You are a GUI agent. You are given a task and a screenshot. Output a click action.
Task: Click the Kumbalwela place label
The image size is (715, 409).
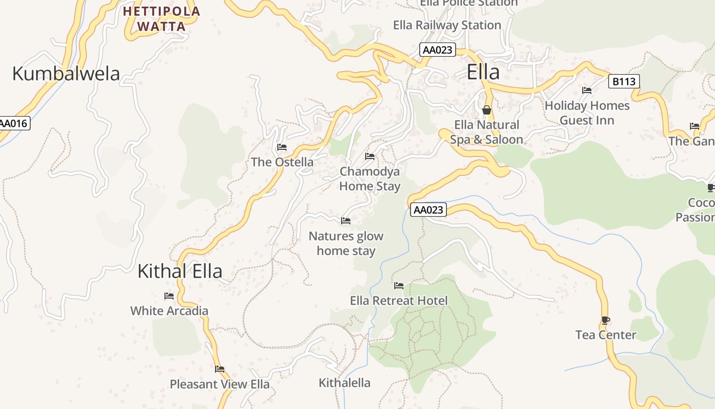66,74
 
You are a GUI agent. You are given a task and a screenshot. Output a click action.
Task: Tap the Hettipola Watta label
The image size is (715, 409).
161,18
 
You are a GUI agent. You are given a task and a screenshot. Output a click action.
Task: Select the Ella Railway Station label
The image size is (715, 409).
447,25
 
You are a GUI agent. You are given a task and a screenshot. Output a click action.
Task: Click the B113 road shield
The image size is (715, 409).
624,81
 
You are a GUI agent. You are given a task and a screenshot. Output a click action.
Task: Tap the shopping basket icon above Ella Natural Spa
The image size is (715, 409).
487,110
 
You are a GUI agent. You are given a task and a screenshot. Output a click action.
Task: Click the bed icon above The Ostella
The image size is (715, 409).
281,148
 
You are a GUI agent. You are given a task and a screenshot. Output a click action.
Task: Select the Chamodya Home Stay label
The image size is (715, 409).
370,178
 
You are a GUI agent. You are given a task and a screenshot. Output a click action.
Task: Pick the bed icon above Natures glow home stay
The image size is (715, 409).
346,221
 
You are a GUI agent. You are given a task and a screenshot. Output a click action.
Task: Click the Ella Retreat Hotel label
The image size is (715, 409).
398,301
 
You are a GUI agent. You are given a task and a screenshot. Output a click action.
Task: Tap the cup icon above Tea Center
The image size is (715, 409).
606,321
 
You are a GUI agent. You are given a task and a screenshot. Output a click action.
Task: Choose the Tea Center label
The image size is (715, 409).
606,335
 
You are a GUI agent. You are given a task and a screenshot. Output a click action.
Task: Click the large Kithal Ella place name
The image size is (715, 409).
180,271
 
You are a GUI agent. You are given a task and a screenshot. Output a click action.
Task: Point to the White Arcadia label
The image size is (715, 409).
169,311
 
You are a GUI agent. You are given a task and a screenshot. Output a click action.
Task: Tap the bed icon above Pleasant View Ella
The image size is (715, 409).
220,369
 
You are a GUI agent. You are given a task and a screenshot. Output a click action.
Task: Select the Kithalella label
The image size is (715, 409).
344,382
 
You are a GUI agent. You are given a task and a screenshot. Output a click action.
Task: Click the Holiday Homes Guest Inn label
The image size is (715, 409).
587,113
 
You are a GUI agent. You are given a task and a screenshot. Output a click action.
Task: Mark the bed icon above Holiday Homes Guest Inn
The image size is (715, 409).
587,91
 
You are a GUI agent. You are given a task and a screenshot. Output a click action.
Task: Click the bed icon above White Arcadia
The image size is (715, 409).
169,296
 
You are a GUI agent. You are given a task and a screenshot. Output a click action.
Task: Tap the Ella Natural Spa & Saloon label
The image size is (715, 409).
486,132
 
